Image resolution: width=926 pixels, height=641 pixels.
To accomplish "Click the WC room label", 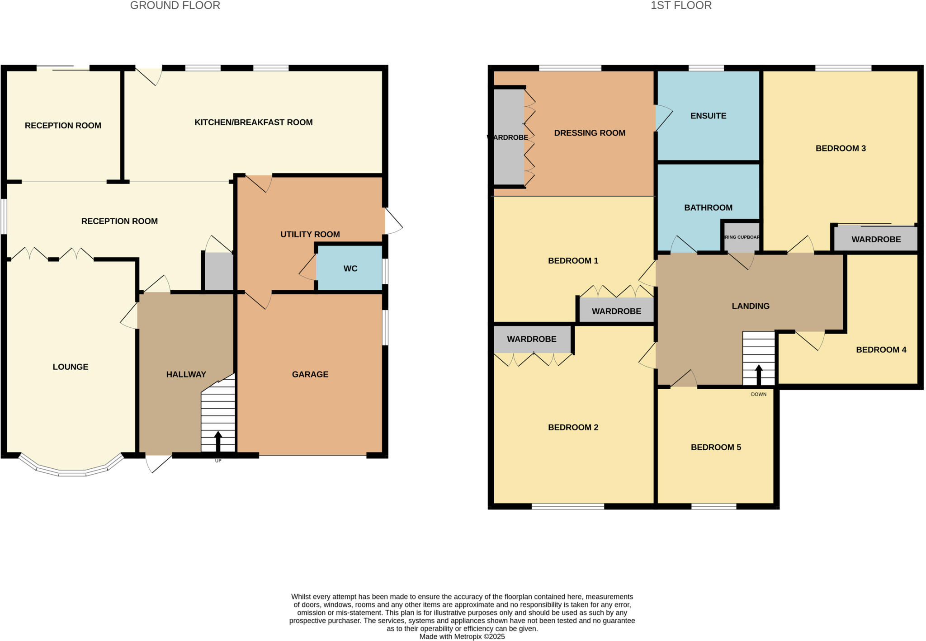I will tap(350, 269).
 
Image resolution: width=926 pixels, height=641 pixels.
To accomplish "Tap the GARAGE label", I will tap(310, 374).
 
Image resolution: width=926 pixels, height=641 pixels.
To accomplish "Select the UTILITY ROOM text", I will tap(310, 234).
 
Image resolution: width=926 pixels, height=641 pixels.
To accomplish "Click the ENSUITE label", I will tap(708, 116).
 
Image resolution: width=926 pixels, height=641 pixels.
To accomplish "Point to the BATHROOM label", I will tap(708, 207).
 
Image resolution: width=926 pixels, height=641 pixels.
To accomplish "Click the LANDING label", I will tap(750, 306).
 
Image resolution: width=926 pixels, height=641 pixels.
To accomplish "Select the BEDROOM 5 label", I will tap(716, 447).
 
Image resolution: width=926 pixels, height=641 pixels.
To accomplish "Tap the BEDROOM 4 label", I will tap(881, 349).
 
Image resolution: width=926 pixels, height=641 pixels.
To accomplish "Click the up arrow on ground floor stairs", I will tap(218, 441).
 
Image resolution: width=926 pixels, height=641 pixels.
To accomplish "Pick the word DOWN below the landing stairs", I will tap(759, 394).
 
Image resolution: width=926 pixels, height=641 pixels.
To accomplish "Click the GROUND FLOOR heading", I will tap(175, 5).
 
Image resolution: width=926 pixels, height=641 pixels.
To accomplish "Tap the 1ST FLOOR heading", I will tap(681, 5).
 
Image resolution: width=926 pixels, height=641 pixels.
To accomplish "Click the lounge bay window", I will tap(72, 472).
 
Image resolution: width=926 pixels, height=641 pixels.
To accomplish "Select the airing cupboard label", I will tap(742, 237).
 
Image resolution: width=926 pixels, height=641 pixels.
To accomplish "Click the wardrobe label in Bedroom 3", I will tap(876, 240).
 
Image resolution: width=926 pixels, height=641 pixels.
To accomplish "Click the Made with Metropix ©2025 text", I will tap(462, 636).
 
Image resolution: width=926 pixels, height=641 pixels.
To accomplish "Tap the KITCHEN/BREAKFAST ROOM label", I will tap(253, 122).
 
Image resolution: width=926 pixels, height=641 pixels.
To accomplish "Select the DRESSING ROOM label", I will tap(590, 133).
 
